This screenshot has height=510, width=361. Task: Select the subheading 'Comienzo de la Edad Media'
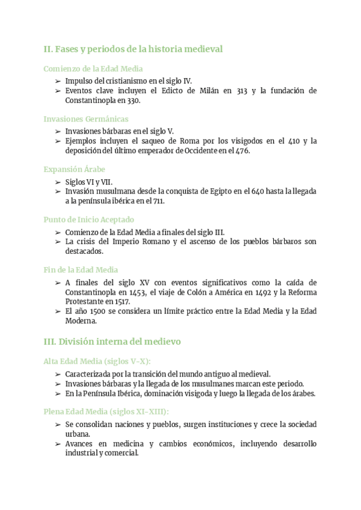(93, 69)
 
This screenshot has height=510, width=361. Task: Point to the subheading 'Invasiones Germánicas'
(86, 119)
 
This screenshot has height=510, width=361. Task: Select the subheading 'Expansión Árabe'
(75, 170)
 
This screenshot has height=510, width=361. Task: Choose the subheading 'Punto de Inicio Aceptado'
(89, 220)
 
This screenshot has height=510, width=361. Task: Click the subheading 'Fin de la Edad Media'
(81, 270)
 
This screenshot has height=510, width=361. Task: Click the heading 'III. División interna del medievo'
(112, 342)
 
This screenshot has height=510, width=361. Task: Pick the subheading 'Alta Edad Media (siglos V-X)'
(97, 361)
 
